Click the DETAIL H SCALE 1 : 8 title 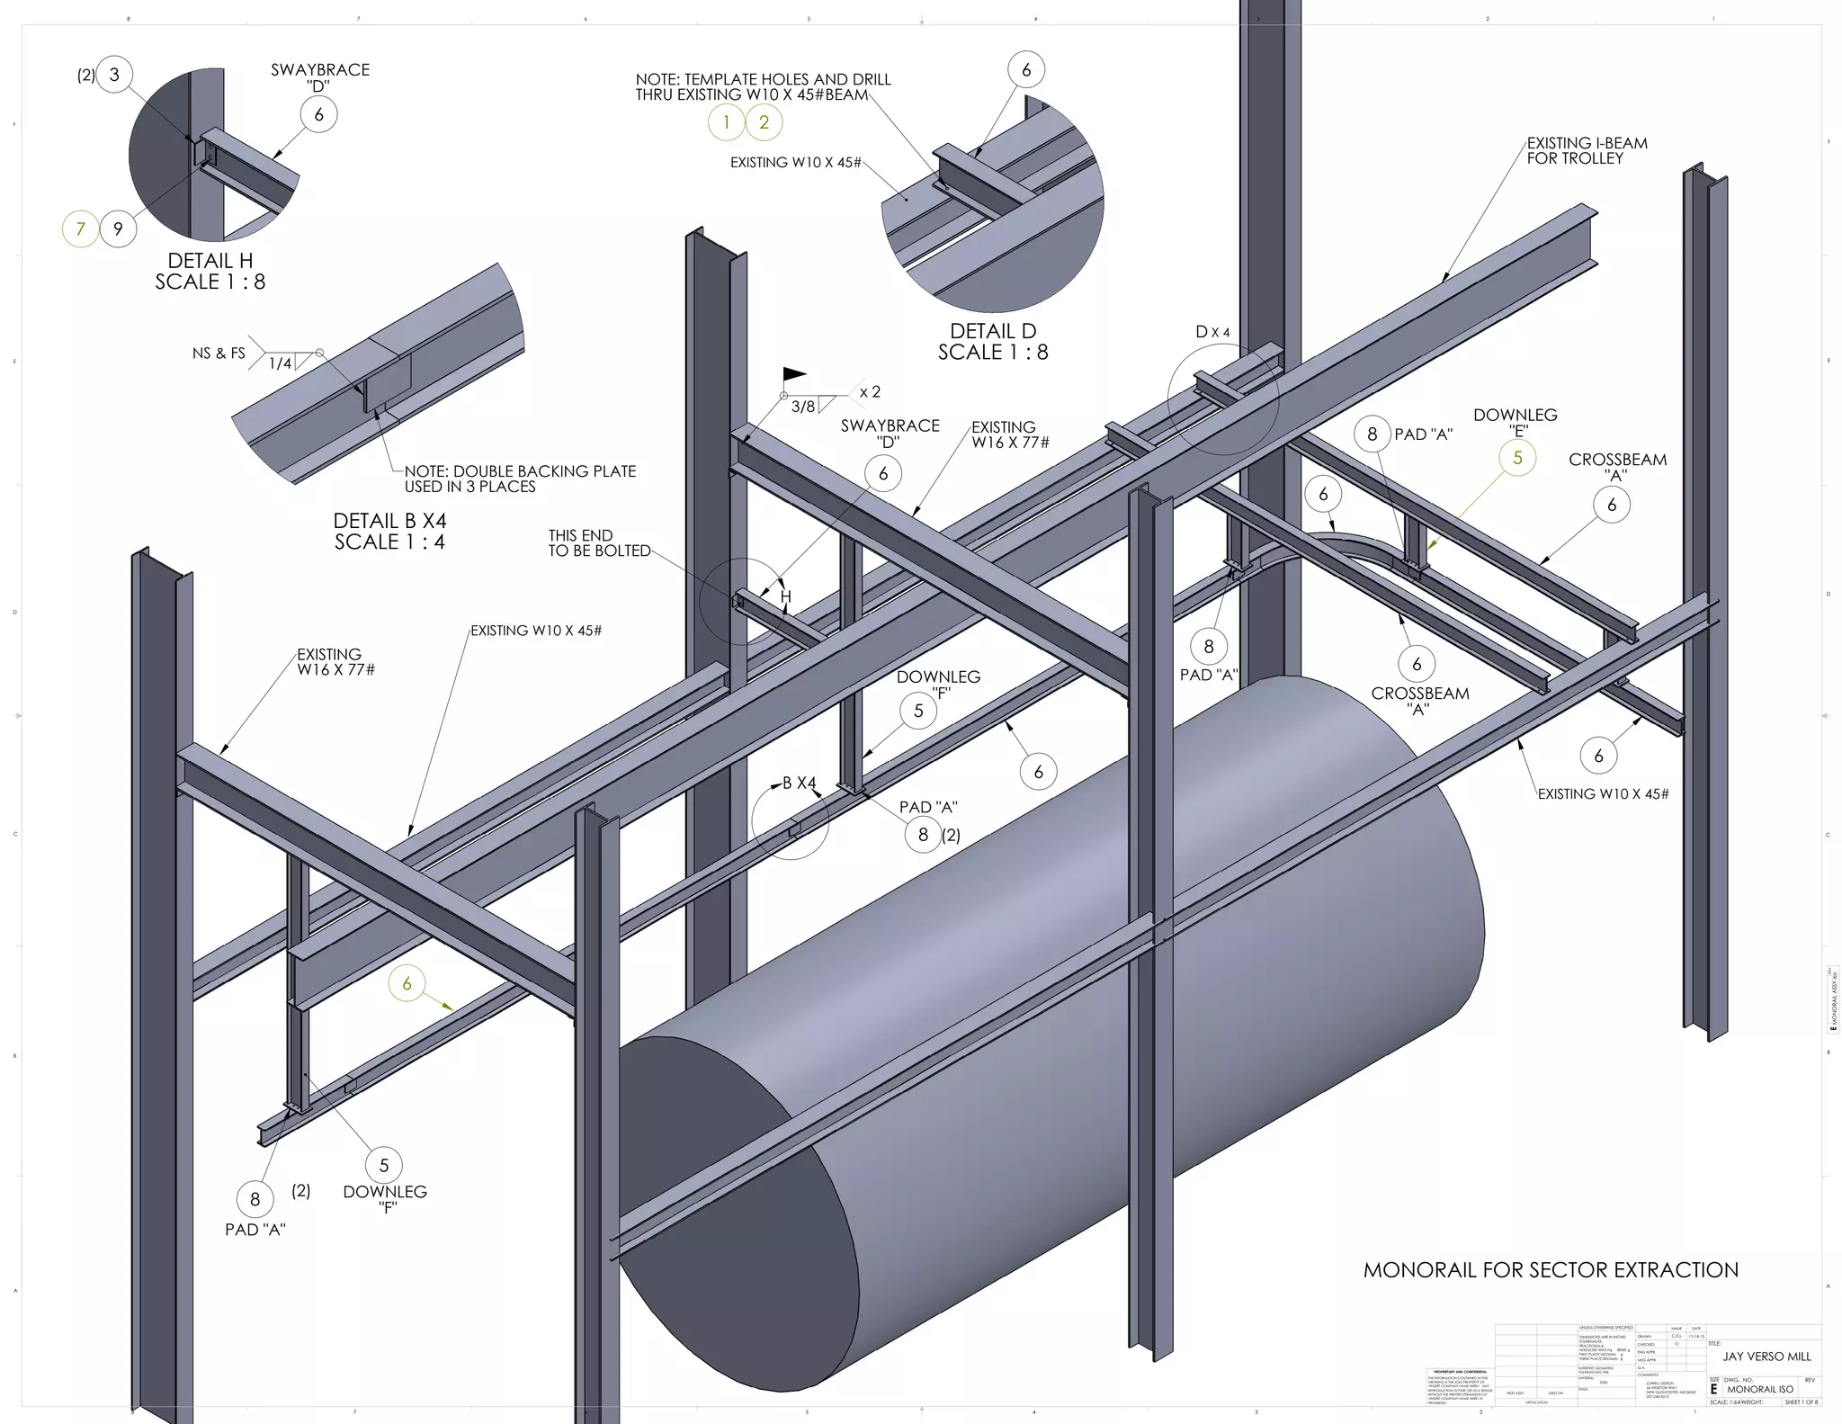(210, 271)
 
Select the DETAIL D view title (993, 341)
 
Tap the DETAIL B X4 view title (389, 531)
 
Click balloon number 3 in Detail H (114, 75)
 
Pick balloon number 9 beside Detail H (118, 228)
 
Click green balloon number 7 (80, 228)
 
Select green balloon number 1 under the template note (727, 122)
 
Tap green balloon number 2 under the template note (765, 122)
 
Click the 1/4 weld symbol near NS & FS (282, 363)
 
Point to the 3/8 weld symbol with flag (803, 406)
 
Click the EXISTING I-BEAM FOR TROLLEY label (1587, 150)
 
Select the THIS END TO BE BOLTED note (599, 542)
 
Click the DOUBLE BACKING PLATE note (520, 479)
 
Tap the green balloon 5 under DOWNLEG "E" (1517, 458)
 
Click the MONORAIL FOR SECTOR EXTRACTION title (1551, 1269)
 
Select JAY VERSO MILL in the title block (1766, 1356)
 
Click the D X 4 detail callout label (1212, 332)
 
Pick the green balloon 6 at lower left (407, 983)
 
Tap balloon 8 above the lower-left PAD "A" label (255, 1198)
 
